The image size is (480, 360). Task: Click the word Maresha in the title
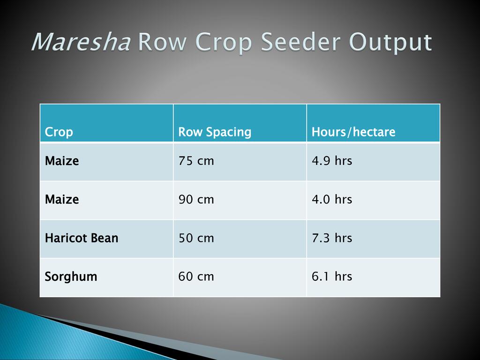click(81, 42)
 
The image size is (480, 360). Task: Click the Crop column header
click(59, 132)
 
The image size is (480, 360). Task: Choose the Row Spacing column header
click(215, 132)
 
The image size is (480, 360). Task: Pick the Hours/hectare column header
click(353, 132)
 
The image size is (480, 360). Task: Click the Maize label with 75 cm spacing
click(62, 161)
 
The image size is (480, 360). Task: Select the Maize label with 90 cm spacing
click(62, 199)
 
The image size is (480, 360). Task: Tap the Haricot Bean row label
click(82, 238)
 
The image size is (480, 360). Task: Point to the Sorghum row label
click(71, 277)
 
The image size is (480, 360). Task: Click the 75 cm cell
click(196, 161)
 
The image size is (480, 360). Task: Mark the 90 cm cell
click(196, 199)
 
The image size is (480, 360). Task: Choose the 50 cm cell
click(196, 238)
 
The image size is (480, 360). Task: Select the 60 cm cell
click(196, 277)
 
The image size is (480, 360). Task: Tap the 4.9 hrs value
click(332, 160)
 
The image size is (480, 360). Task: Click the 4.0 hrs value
click(332, 199)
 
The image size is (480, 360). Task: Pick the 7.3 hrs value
click(332, 238)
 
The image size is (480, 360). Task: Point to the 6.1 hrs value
click(332, 276)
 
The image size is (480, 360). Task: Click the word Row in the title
click(162, 42)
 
